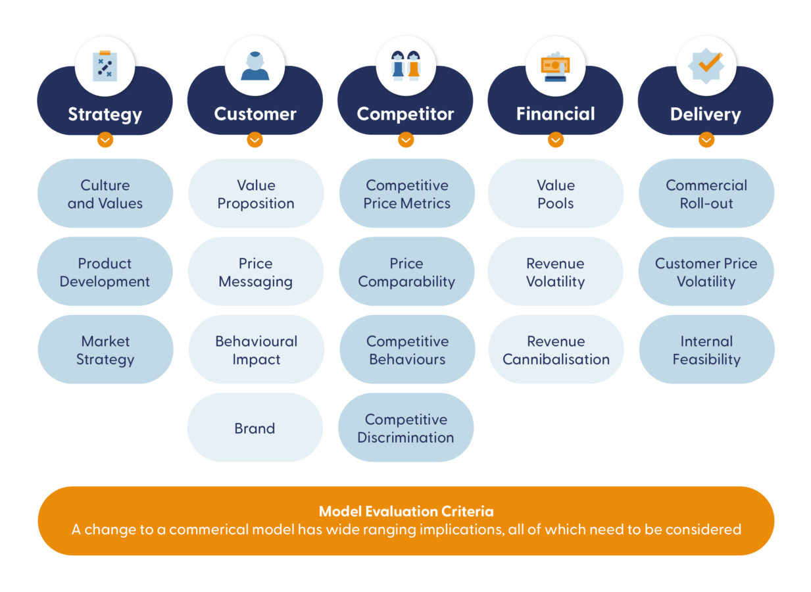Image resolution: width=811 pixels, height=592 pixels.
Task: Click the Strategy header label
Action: [105, 114]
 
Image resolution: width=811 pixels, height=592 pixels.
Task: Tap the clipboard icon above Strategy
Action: [105, 66]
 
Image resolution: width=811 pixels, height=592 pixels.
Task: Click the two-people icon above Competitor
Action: [406, 66]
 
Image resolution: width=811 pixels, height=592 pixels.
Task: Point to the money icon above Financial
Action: [556, 66]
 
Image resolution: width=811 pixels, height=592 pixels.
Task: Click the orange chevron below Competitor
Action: [406, 140]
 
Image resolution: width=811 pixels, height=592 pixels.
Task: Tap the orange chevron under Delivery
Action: [706, 140]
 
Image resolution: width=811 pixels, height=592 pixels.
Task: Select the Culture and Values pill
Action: [105, 194]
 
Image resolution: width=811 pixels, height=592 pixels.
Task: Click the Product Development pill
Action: [105, 272]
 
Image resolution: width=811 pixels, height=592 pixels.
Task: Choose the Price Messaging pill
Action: [256, 272]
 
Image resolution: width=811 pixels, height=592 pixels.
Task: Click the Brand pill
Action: [255, 428]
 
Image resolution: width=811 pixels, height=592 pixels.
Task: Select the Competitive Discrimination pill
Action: [406, 428]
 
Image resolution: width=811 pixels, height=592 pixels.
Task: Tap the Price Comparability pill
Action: [406, 272]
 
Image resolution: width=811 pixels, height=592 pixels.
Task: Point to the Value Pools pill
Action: [556, 194]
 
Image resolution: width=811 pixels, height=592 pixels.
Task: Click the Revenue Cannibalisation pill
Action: [556, 350]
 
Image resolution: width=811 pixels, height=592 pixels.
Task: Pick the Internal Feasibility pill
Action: [706, 350]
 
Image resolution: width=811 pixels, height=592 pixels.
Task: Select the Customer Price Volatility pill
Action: [706, 272]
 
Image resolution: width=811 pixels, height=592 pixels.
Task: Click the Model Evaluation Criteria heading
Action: [406, 511]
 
